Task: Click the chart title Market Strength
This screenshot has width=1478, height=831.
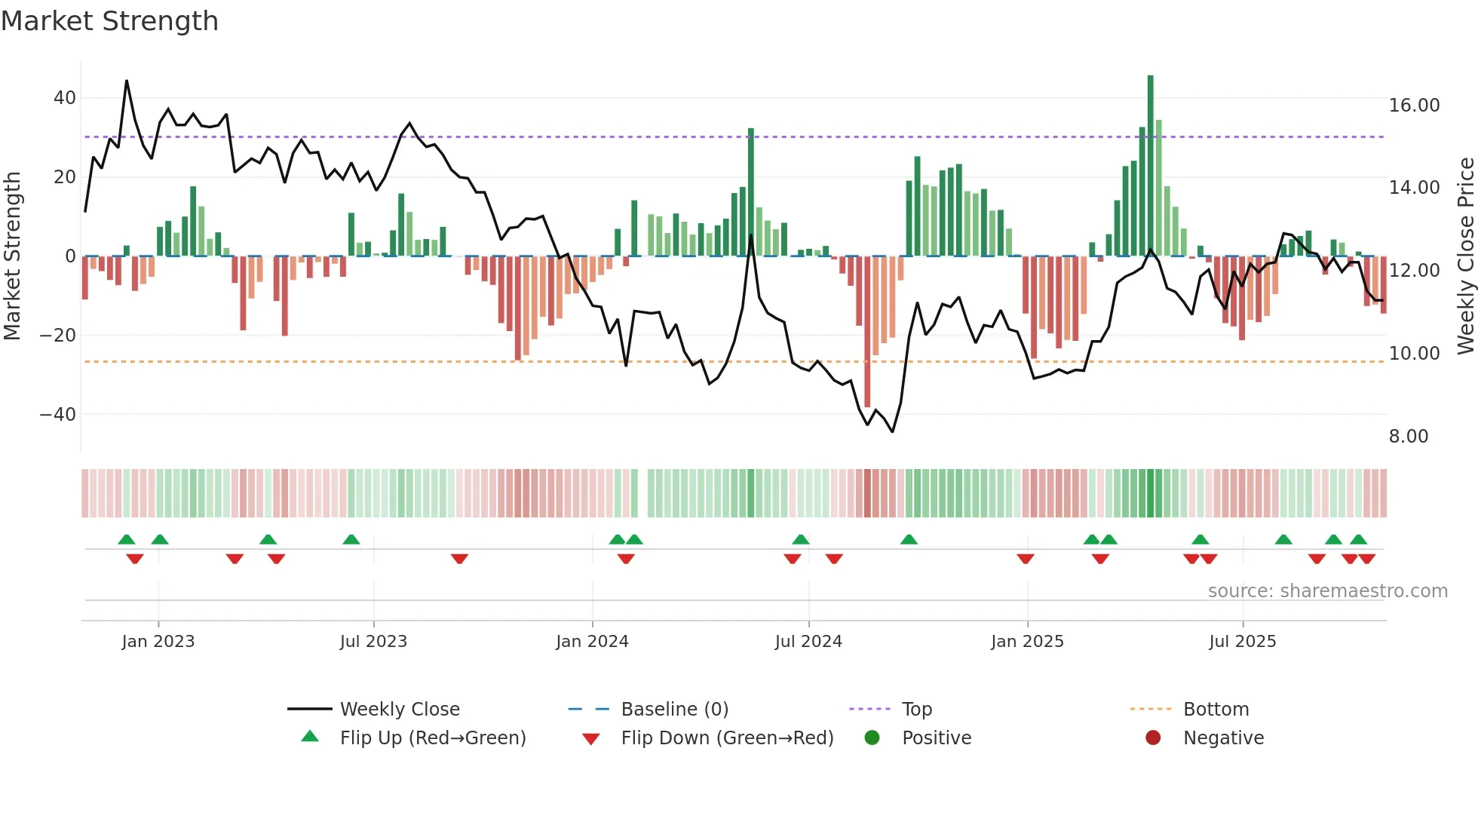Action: click(x=109, y=21)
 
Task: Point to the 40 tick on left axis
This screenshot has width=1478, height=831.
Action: click(x=65, y=98)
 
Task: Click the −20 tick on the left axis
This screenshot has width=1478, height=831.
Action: click(x=58, y=336)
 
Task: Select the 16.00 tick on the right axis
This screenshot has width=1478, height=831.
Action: click(x=1414, y=106)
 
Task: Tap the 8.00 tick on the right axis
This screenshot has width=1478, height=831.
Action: click(x=1408, y=437)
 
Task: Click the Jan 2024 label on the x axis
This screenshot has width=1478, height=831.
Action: click(x=592, y=642)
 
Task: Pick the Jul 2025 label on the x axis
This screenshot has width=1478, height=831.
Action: click(x=1242, y=642)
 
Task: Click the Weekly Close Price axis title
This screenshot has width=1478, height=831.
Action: click(x=1465, y=256)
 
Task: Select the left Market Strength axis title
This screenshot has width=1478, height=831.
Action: click(x=12, y=256)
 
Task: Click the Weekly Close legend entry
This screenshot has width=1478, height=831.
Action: click(x=399, y=710)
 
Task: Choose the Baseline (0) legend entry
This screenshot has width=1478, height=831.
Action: click(x=674, y=710)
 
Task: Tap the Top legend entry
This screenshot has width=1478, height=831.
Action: click(x=916, y=710)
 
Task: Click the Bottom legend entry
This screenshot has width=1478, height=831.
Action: click(x=1216, y=710)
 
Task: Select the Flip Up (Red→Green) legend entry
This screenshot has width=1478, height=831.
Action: click(x=432, y=738)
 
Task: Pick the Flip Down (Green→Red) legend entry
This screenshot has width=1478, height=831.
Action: click(x=726, y=738)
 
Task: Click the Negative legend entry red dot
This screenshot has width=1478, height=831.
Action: click(x=1153, y=738)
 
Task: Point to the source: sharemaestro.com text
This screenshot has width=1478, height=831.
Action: click(x=1327, y=591)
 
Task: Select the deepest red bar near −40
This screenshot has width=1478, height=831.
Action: click(x=867, y=339)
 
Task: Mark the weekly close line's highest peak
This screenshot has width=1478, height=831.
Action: click(x=127, y=81)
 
